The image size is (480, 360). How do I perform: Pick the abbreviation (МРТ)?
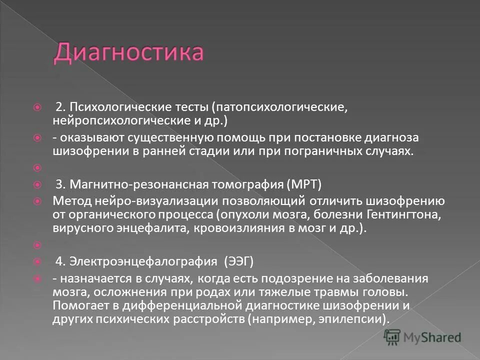pyautogui.click(x=304, y=184)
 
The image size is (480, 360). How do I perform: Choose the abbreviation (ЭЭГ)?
pyautogui.click(x=239, y=260)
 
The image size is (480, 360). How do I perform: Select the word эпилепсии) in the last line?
pyautogui.click(x=355, y=317)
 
